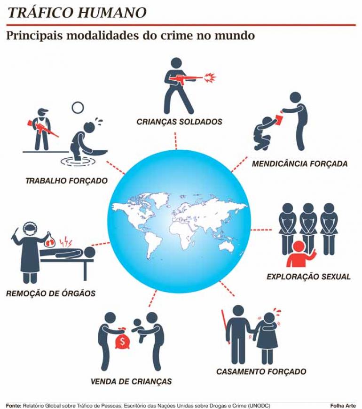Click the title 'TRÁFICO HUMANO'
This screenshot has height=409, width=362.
tap(77, 13)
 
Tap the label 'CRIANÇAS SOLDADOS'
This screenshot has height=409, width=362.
tap(180, 122)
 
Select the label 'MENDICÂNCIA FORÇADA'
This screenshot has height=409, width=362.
tap(299, 164)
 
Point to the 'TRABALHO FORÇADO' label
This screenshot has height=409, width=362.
tap(67, 180)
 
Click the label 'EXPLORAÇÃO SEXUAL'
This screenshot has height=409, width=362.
tap(308, 277)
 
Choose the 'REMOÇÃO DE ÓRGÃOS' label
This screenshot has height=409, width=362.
tap(51, 293)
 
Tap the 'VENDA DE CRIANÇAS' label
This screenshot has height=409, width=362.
tap(131, 381)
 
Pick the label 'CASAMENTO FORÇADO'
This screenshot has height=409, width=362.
tap(261, 371)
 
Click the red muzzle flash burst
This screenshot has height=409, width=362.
tap(210, 78)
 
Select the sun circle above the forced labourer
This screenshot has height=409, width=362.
tap(78, 108)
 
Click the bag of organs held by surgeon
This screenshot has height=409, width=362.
tap(50, 239)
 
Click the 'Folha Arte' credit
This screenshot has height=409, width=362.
tap(343, 406)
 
